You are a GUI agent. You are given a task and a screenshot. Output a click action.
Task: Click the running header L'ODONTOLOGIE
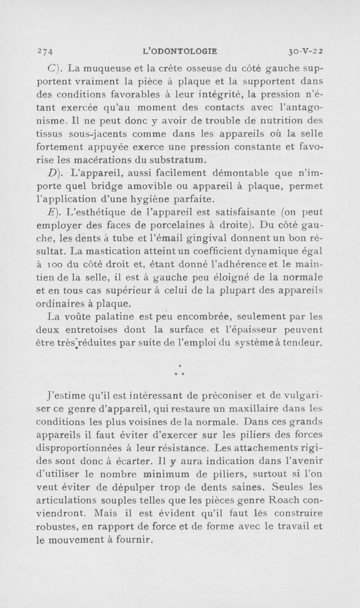point(180,51)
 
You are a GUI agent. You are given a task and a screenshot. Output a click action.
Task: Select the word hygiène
point(149,199)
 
